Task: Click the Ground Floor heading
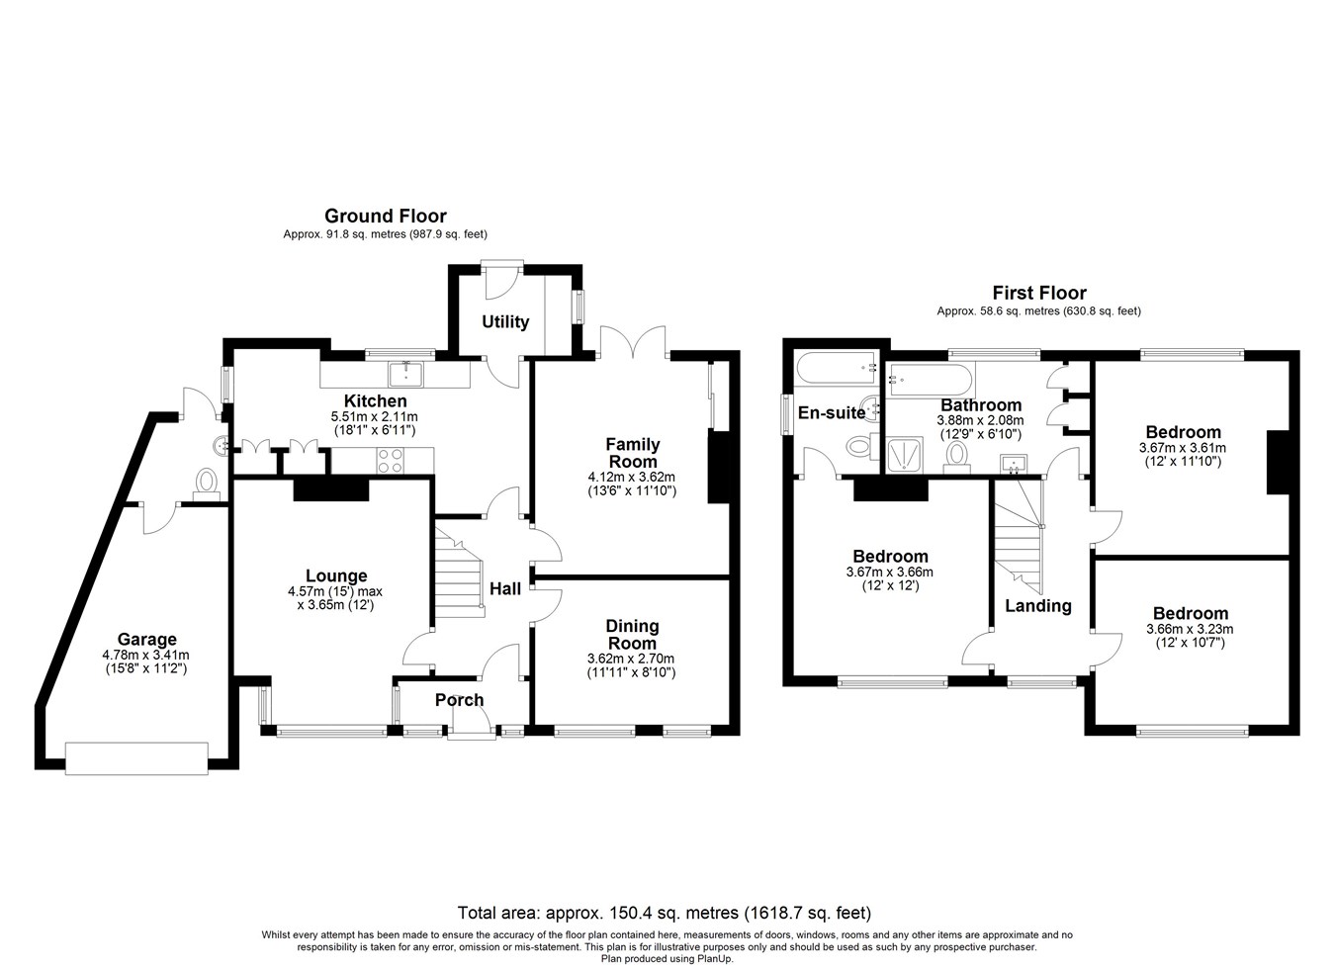[x=385, y=216]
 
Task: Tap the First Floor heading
[x=1038, y=293]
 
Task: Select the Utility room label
[x=505, y=321]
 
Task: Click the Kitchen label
[x=375, y=400]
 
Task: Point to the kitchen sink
[x=406, y=374]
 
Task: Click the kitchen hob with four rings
[x=390, y=460]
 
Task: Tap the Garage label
[x=146, y=640]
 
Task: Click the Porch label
[x=460, y=700]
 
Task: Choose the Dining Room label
[x=632, y=634]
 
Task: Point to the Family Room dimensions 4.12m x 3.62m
[x=632, y=476]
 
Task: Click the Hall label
[x=505, y=588]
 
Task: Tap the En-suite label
[x=832, y=413]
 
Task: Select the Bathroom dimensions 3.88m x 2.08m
[x=980, y=420]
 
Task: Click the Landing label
[x=1038, y=606]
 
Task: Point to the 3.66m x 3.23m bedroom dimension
[x=1189, y=629]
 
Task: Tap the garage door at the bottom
[x=136, y=756]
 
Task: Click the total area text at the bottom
[x=664, y=913]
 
